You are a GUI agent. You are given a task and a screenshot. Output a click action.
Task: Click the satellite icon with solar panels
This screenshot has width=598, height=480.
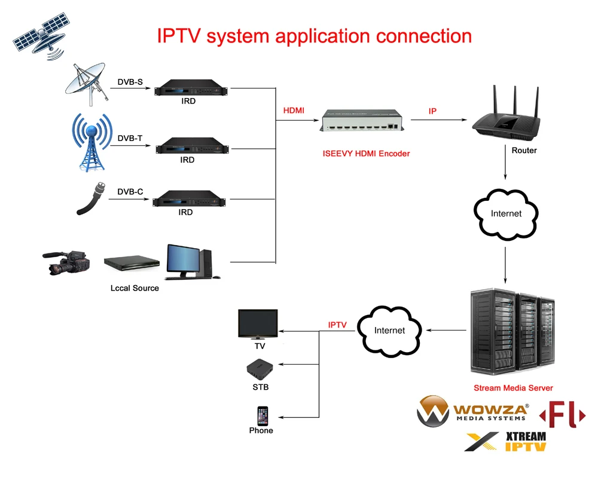(38, 38)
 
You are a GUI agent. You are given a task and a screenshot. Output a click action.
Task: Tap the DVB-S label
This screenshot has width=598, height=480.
(130, 82)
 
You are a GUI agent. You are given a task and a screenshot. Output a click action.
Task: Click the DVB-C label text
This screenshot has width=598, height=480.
(130, 192)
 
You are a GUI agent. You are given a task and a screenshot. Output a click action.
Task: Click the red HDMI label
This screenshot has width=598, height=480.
(294, 111)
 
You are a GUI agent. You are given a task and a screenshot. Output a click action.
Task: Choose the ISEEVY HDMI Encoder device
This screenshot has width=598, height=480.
(362, 120)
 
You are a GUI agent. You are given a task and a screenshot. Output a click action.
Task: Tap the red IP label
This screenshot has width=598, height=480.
(432, 112)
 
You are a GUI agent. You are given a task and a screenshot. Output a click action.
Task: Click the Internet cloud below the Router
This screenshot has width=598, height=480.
(506, 214)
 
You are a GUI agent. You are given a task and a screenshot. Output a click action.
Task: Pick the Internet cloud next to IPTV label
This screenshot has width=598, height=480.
(389, 331)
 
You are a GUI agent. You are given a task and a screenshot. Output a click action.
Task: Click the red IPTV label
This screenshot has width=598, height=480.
(337, 325)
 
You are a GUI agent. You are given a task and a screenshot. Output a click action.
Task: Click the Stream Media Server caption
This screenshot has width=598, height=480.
(513, 388)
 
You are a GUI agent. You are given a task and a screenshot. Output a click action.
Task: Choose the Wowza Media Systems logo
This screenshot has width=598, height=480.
(473, 412)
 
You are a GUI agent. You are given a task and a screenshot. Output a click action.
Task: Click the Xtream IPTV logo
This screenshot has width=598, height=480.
(506, 441)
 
